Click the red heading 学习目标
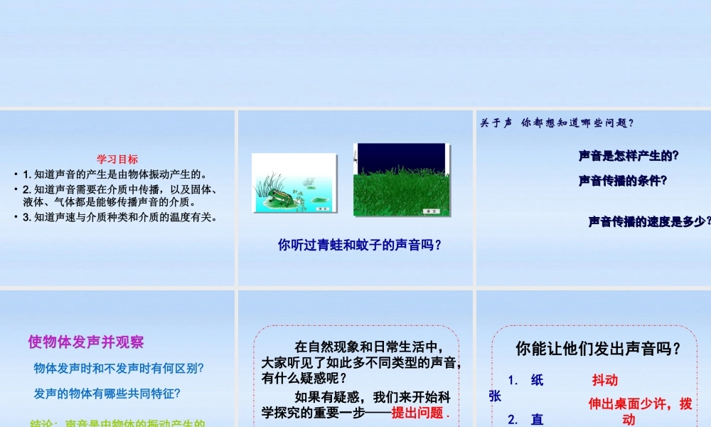[117, 159]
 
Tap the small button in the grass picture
[431, 211]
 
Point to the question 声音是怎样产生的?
[629, 155]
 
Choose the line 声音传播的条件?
[623, 181]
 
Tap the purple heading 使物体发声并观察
[86, 342]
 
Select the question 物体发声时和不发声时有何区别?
[119, 369]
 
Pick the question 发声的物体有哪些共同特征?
[107, 393]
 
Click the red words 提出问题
[417, 413]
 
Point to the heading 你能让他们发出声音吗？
[598, 349]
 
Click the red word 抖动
[605, 380]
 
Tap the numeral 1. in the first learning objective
[27, 174]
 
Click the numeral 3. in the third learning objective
[27, 217]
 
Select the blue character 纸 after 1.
[537, 380]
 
